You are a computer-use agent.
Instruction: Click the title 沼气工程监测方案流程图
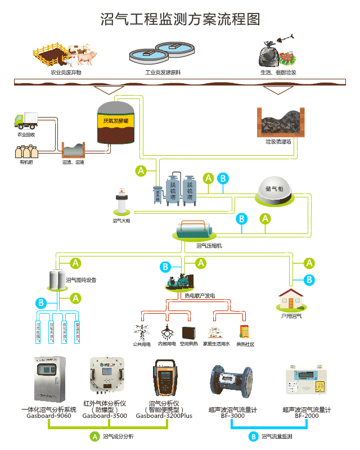point(180,19)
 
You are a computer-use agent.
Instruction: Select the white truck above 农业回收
point(24,120)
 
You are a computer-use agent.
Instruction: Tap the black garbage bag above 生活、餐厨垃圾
point(268,55)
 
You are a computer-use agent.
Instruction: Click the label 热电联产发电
point(199,295)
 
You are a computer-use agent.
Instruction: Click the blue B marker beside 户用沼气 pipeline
point(309,280)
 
